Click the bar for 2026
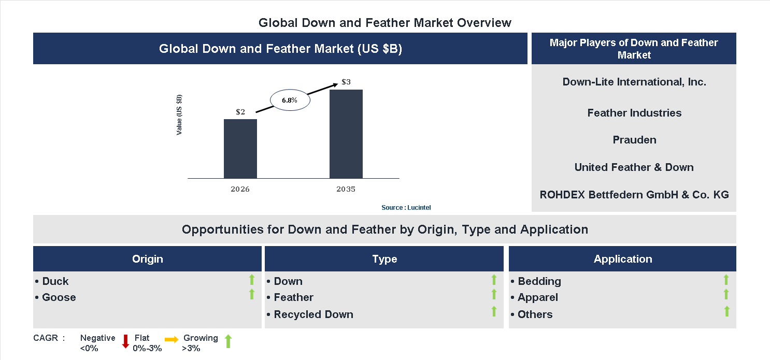240,149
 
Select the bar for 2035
346,134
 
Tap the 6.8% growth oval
290,100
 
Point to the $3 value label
346,82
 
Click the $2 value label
240,111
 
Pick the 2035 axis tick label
346,189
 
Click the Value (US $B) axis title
179,115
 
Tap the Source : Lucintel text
406,207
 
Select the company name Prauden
634,140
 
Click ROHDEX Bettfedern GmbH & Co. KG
634,195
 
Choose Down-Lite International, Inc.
634,82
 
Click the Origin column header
147,259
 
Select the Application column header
622,259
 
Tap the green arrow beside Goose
252,295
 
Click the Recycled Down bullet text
313,314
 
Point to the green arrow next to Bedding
726,280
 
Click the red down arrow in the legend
125,341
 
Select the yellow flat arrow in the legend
172,339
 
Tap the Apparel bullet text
537,297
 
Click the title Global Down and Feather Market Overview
384,23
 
